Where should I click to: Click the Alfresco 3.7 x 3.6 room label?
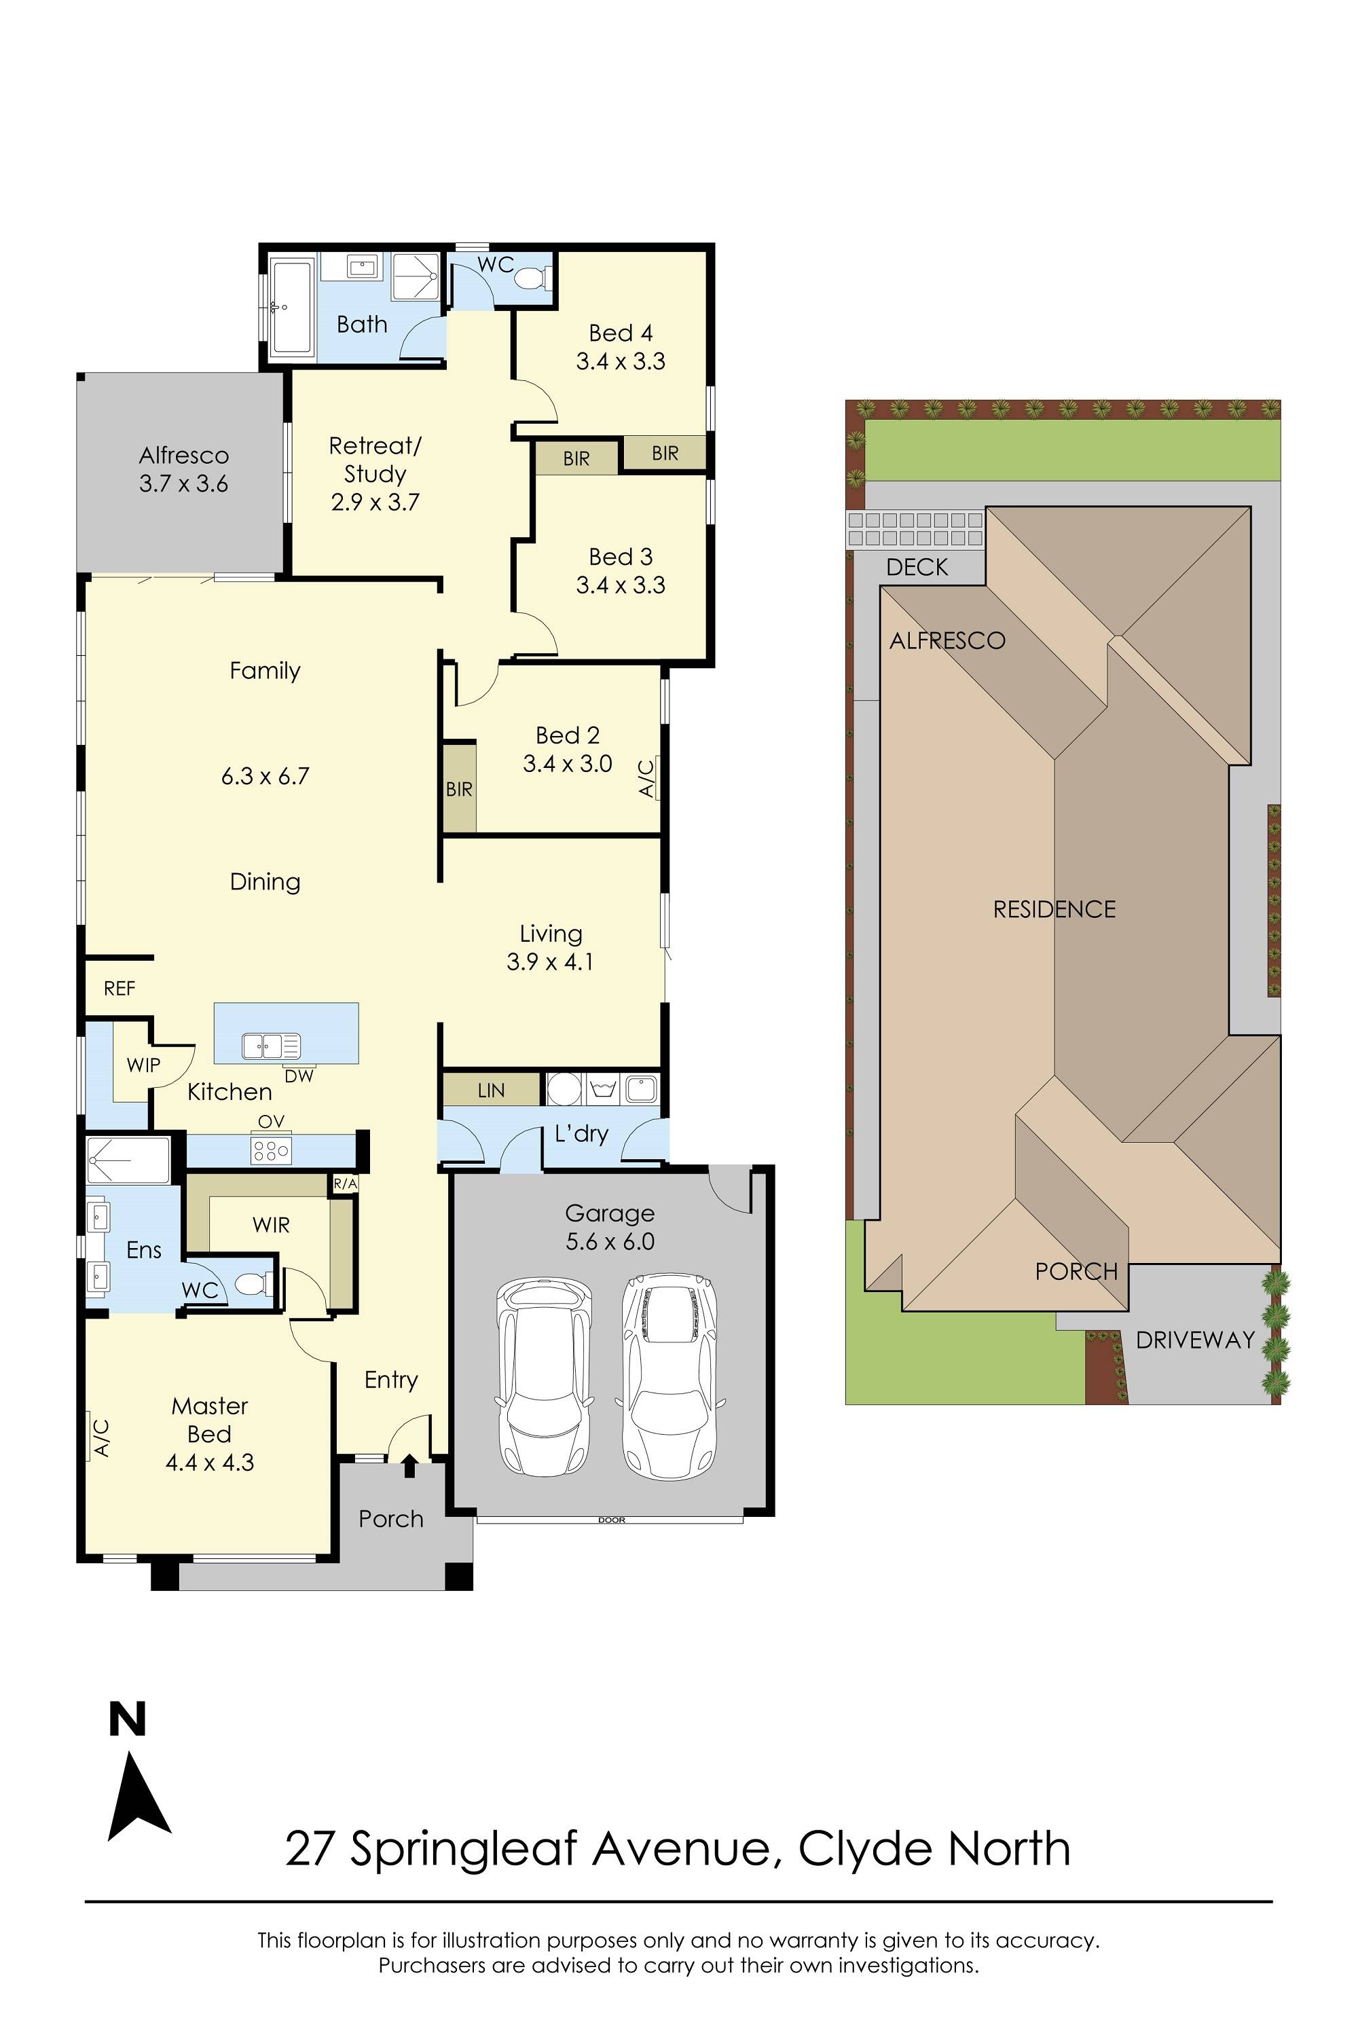(183, 469)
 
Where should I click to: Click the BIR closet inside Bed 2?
(459, 788)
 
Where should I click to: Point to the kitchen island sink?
(270, 1046)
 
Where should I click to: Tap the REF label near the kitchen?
(120, 988)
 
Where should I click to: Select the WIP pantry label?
(143, 1065)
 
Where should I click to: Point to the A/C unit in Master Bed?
(100, 1437)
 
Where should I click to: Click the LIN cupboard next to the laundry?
(491, 1090)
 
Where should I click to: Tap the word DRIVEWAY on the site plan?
(1194, 1340)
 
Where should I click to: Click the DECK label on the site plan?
(917, 567)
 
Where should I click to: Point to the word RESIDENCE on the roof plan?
(1054, 909)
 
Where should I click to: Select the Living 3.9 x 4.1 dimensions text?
(550, 961)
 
